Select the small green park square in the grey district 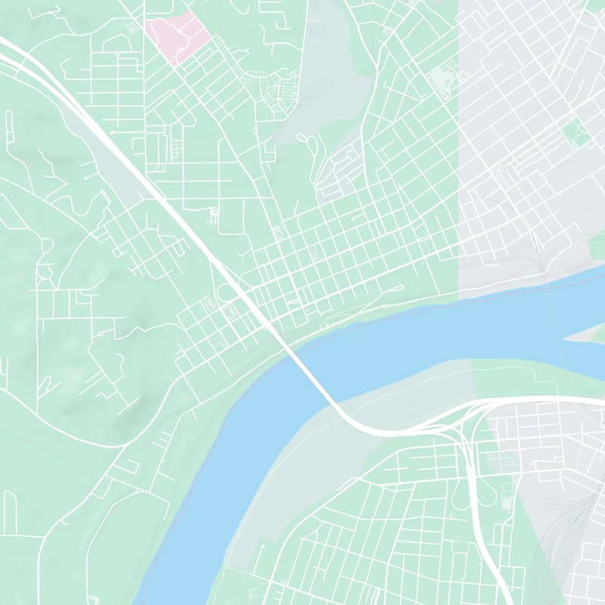(575, 134)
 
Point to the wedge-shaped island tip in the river (586, 335)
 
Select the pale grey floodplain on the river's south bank (318, 469)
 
